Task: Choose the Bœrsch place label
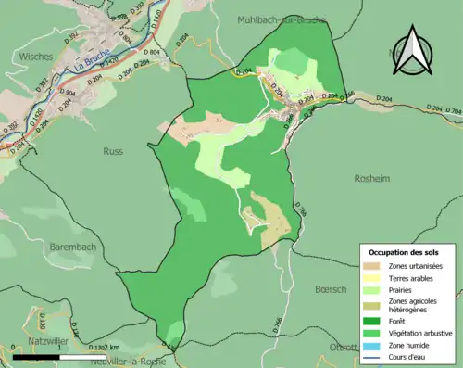click(331, 288)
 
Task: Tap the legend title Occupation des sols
click(404, 252)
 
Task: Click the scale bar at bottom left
click(56, 355)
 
